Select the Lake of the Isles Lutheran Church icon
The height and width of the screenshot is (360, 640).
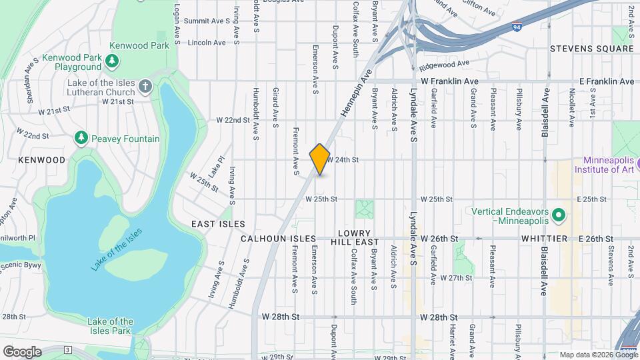coord(145,87)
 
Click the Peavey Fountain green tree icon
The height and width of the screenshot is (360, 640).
coord(81,138)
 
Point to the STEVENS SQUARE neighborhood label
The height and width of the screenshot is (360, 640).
coord(591,49)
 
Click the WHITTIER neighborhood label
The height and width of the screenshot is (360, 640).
coord(545,238)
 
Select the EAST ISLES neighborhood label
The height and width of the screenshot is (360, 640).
coord(218,224)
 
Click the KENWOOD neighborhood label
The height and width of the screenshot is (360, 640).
coord(41,160)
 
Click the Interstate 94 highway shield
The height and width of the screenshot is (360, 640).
coord(517,27)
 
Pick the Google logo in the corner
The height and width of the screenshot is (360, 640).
coord(22,351)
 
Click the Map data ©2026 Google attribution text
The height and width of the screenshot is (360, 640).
coord(597,355)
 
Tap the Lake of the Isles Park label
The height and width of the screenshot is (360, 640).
coord(110,326)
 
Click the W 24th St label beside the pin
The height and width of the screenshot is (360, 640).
coord(343,160)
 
